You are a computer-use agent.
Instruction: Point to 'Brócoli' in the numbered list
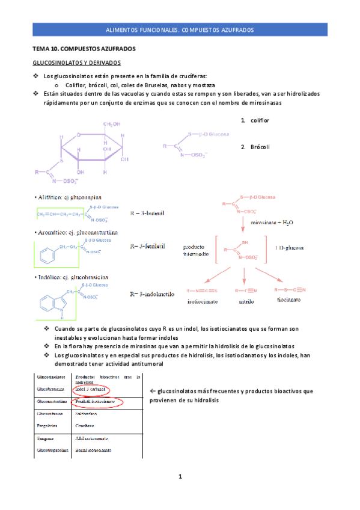pyautogui.click(x=260, y=147)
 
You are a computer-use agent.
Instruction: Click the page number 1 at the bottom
pyautogui.click(x=180, y=477)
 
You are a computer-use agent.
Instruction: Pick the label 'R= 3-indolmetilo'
pyautogui.click(x=153, y=294)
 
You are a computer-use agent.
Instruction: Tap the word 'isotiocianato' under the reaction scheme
pyautogui.click(x=203, y=301)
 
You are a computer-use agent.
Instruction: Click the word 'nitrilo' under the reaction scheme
pyautogui.click(x=246, y=301)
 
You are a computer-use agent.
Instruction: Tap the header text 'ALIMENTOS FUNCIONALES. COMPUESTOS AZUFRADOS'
pyautogui.click(x=180, y=29)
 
